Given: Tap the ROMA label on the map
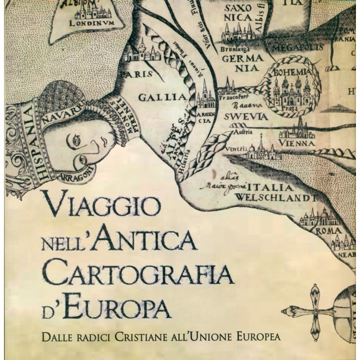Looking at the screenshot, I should pyautogui.click(x=329, y=230).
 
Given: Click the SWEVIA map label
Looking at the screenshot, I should pyautogui.click(x=249, y=117).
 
